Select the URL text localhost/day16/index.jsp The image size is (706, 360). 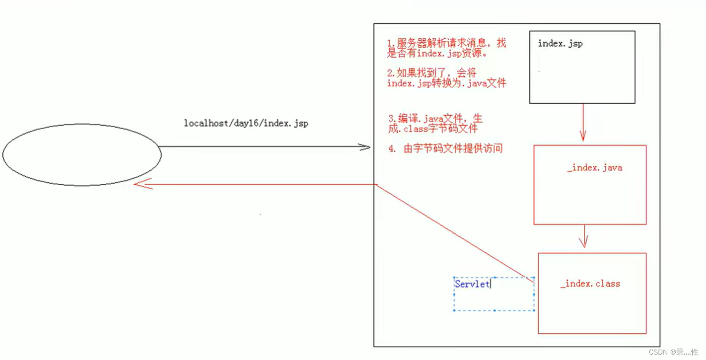click(x=246, y=123)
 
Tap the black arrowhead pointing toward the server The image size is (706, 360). click(x=365, y=147)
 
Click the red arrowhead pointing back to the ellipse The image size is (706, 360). click(x=141, y=185)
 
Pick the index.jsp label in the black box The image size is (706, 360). click(x=560, y=44)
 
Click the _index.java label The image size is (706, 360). click(x=594, y=168)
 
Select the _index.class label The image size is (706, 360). click(x=590, y=284)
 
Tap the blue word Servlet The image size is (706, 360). click(x=472, y=284)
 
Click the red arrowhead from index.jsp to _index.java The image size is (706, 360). click(x=582, y=135)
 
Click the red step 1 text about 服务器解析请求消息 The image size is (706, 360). click(x=446, y=49)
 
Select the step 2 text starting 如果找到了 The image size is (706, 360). click(x=446, y=78)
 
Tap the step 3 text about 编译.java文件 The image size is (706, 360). click(x=435, y=124)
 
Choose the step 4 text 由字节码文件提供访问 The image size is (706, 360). click(x=446, y=148)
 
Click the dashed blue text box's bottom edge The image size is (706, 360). click(x=494, y=311)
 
